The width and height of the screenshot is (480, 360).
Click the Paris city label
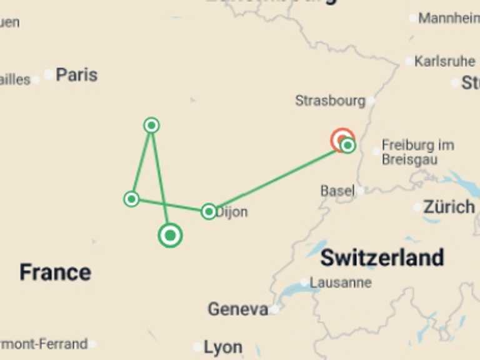coord(77,75)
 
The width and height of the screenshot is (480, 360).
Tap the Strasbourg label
coord(330,100)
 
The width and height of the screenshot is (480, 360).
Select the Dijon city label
coord(232,212)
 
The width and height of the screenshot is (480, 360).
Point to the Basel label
coord(337,191)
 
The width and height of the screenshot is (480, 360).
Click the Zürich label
coord(449,207)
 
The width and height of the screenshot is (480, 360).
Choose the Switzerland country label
coord(382,257)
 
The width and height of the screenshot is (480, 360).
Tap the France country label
coord(55,272)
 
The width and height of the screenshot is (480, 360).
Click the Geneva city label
coord(238,309)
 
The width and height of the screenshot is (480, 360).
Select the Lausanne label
coord(341,282)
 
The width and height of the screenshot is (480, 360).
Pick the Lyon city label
coord(223,347)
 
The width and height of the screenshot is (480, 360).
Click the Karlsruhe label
coord(444,61)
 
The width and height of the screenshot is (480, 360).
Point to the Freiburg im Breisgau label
coord(418,152)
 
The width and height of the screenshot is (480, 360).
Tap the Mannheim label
coord(449,18)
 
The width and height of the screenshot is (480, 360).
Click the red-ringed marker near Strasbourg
coord(342,139)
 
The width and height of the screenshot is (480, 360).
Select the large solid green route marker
coord(170,236)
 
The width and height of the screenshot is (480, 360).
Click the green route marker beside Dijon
coord(209,211)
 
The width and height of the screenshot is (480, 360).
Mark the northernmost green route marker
coord(151,125)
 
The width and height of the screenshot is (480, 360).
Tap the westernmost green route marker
coord(131,199)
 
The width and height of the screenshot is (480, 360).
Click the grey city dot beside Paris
coord(49,75)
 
